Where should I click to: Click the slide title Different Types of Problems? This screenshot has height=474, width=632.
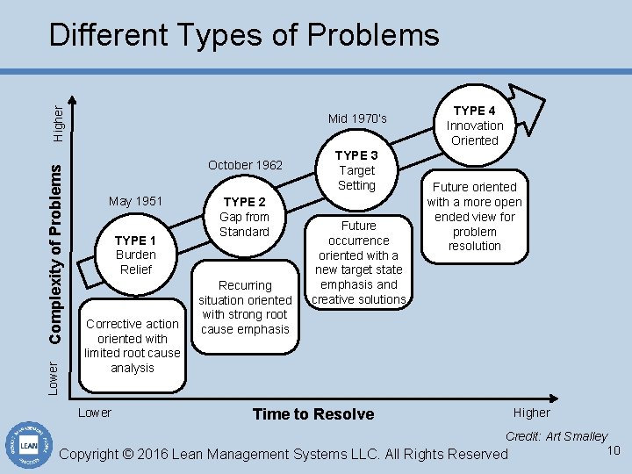(244, 35)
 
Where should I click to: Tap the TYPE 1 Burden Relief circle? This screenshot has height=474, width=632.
(135, 255)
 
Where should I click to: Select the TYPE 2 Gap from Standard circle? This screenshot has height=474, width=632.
(244, 217)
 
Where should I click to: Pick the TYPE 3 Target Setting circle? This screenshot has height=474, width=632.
(356, 170)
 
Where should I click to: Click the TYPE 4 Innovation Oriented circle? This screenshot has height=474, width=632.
(474, 125)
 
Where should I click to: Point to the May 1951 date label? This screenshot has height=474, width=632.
(135, 201)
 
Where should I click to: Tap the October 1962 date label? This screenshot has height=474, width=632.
(245, 165)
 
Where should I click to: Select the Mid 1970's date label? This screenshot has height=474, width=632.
(356, 118)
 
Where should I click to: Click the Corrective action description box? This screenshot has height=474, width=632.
(132, 345)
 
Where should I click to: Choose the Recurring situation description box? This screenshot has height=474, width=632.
(245, 307)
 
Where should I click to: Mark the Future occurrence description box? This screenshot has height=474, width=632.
(358, 262)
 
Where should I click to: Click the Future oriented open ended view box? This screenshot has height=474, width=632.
(474, 216)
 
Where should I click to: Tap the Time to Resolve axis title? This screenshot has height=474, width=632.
(312, 414)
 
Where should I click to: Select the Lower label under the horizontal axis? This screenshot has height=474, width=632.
(95, 413)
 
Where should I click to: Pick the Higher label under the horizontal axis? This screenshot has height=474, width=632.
(532, 413)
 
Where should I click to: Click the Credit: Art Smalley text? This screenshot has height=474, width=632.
(556, 436)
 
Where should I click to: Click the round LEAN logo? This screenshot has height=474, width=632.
(26, 443)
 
